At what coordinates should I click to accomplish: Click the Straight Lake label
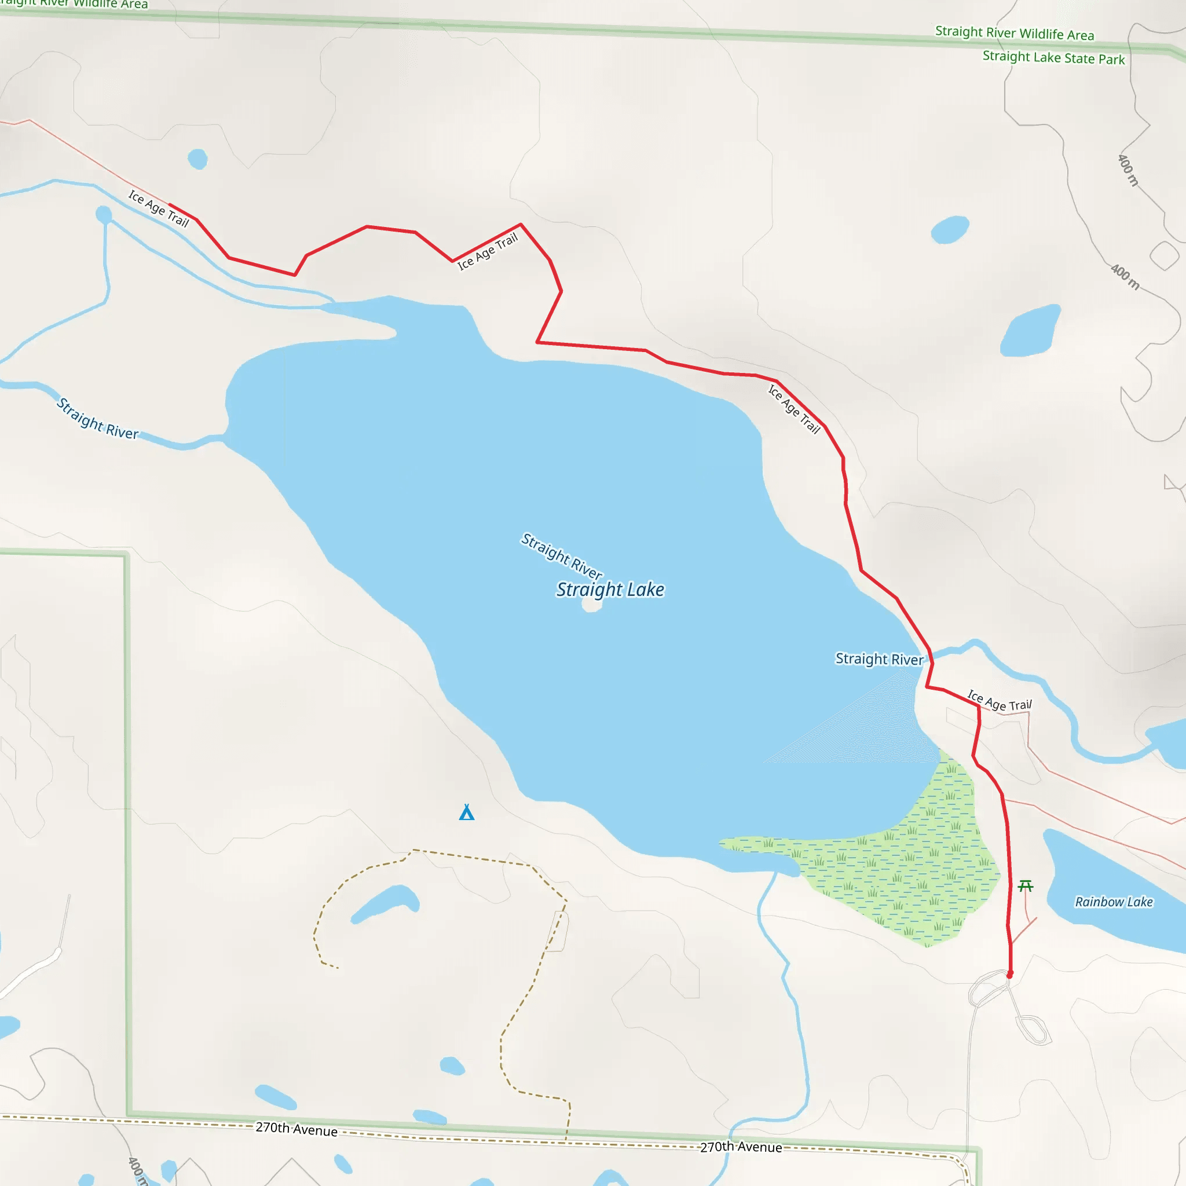tap(610, 590)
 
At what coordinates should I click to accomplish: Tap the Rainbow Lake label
tap(1114, 902)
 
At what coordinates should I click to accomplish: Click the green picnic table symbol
tap(1025, 886)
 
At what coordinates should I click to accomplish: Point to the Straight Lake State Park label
tap(1053, 58)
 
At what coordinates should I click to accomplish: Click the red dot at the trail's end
tap(1010, 974)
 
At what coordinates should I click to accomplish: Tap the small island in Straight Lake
tap(592, 605)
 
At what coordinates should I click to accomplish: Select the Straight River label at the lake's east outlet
tap(879, 658)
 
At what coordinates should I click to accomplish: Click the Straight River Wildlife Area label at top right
tap(1014, 33)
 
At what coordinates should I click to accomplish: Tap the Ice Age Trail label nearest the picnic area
tap(1000, 701)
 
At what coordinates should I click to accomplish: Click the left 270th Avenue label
tap(296, 1129)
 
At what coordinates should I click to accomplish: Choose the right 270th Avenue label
tap(741, 1147)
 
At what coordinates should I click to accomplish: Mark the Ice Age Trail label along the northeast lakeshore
tap(795, 409)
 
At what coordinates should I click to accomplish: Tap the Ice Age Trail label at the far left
tap(158, 208)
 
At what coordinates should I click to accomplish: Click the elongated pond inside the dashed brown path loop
tap(386, 903)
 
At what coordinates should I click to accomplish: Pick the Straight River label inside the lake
tap(562, 556)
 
